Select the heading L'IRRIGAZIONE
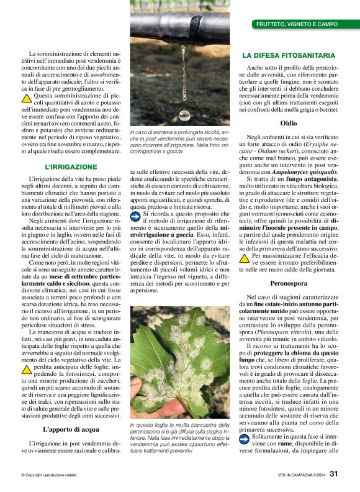coord(71,167)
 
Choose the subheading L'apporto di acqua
coord(71,430)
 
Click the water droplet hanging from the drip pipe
coord(184,115)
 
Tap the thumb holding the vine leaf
coord(137,386)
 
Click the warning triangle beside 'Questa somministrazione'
coord(26,98)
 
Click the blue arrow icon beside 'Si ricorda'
coord(136,215)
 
